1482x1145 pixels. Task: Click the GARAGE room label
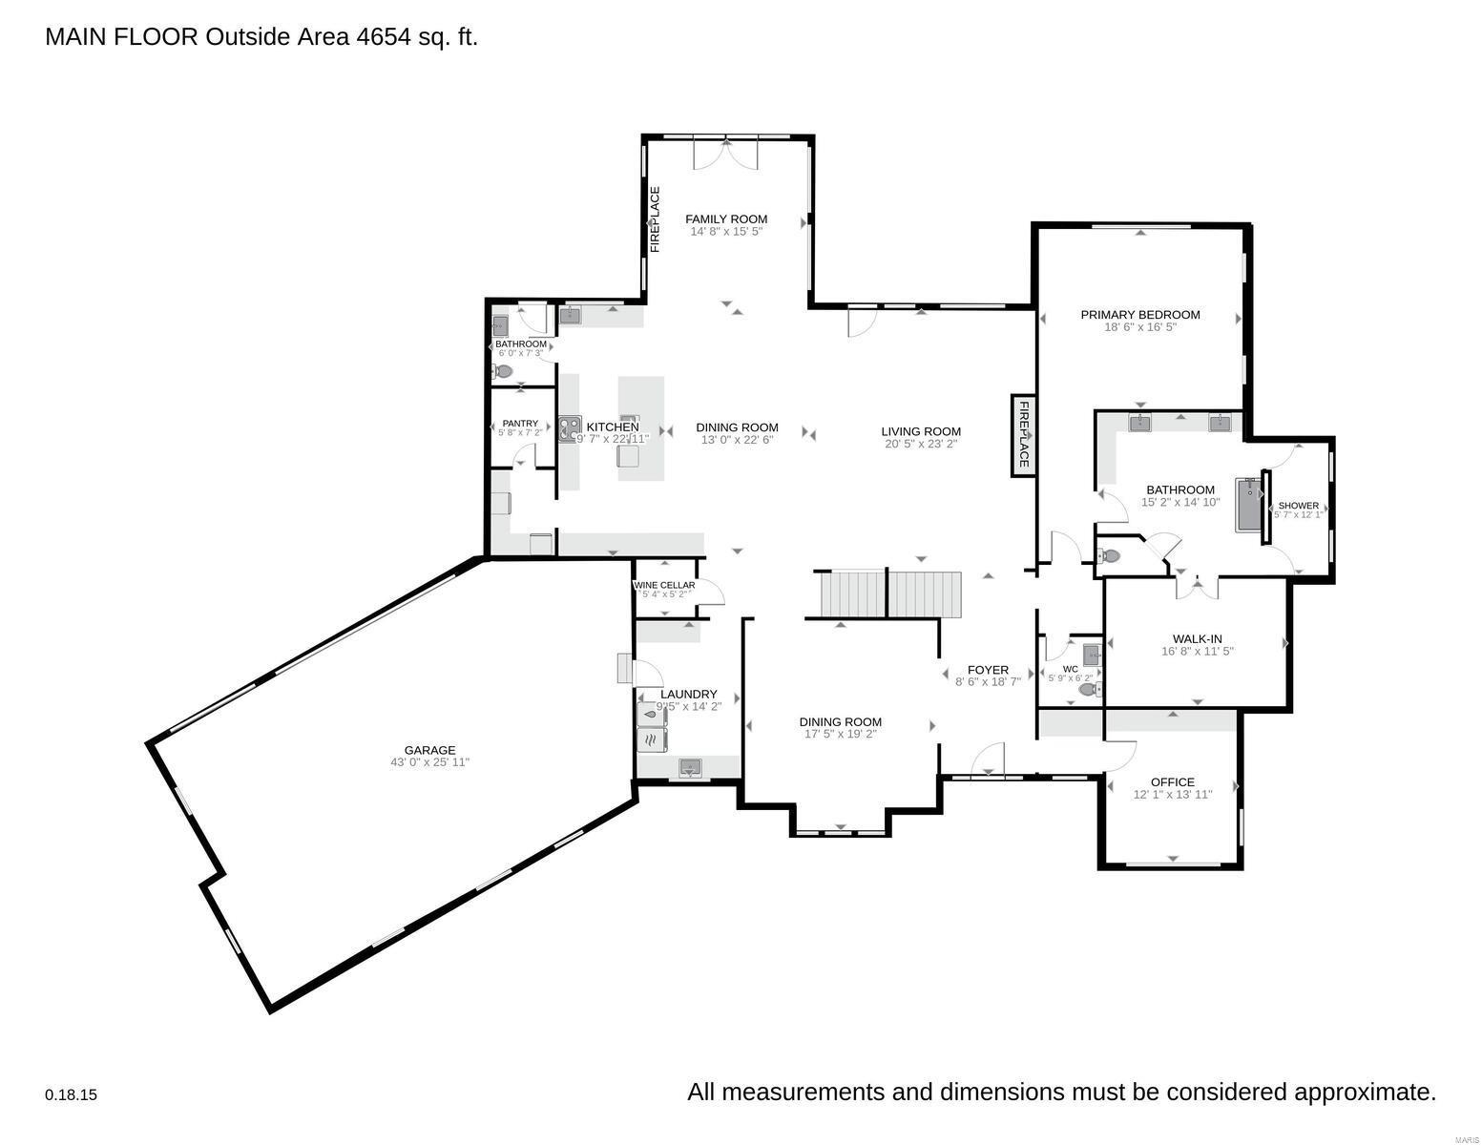tap(429, 750)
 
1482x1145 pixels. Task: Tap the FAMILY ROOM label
tap(726, 219)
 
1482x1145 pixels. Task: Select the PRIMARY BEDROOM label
tap(1139, 315)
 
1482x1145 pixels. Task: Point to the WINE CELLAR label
tap(664, 585)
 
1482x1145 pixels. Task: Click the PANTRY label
tap(520, 424)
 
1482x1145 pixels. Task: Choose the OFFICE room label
tap(1172, 781)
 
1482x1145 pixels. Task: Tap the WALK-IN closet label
tap(1197, 639)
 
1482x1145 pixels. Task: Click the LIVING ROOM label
tap(921, 431)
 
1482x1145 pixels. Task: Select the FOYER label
tap(988, 670)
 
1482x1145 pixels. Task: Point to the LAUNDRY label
tap(688, 694)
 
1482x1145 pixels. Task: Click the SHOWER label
tap(1298, 506)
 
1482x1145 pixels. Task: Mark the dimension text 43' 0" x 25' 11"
tap(429, 762)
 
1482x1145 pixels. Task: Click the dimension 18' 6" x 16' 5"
tap(1139, 327)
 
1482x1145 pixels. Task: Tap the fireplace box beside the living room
tap(1022, 435)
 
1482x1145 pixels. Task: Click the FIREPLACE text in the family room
tap(656, 219)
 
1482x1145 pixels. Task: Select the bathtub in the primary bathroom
tap(1248, 505)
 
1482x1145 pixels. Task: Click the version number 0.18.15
tap(71, 1095)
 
